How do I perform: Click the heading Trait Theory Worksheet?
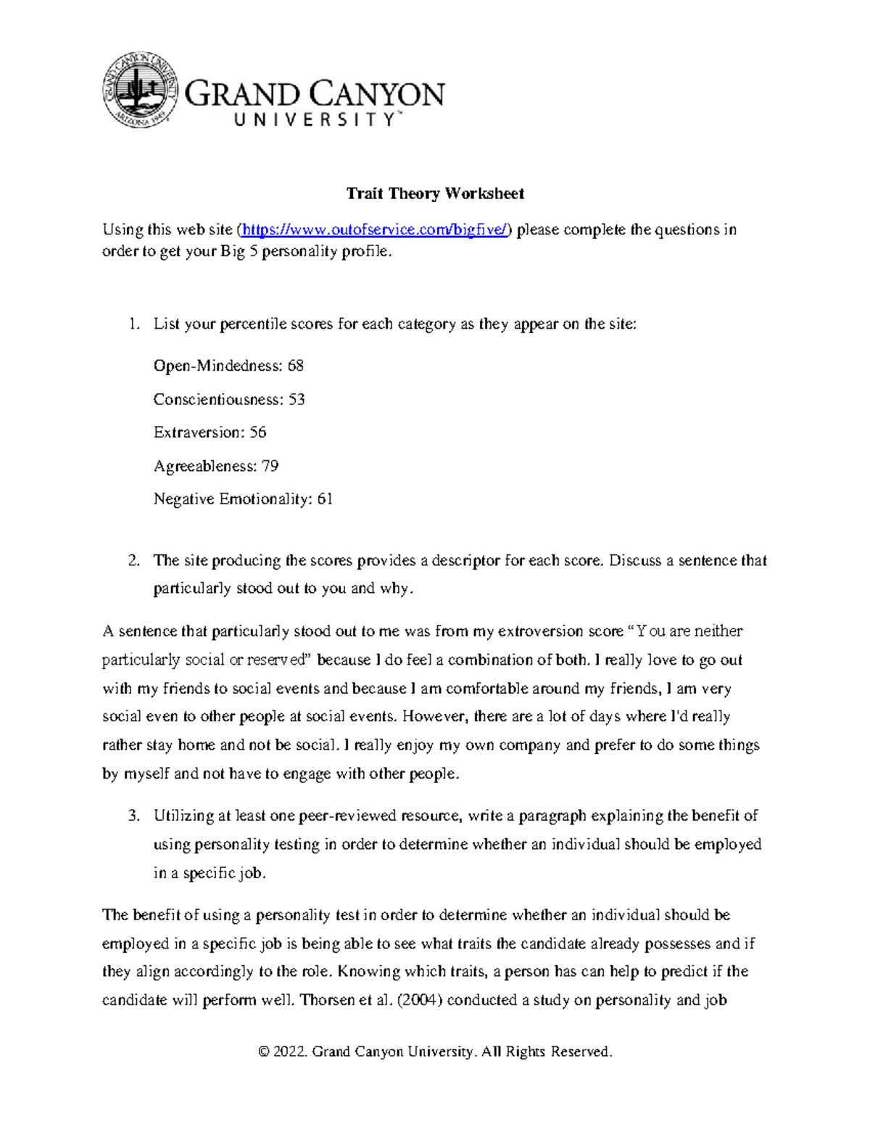point(435,193)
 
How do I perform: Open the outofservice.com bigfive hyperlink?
point(376,230)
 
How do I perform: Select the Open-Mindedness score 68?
point(295,366)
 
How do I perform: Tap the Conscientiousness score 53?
point(297,399)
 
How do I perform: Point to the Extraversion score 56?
point(257,433)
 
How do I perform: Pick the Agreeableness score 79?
point(270,466)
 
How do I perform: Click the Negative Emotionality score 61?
point(325,499)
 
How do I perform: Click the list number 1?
point(133,324)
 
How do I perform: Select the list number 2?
point(133,561)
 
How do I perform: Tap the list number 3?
point(133,816)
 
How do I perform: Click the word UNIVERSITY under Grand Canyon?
point(314,120)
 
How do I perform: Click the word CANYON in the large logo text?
point(378,95)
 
